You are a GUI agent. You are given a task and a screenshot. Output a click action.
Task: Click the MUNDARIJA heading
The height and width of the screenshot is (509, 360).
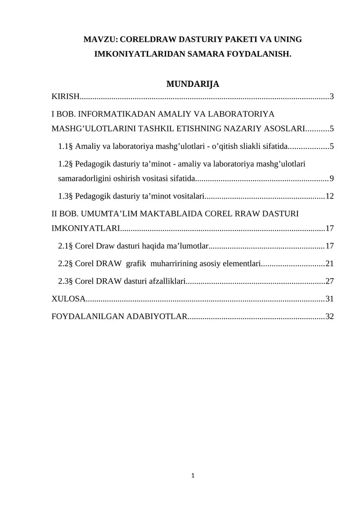point(193,84)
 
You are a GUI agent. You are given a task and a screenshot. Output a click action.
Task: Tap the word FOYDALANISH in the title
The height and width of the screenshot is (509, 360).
point(258,54)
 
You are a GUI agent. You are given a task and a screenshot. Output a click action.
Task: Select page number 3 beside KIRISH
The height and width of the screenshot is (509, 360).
point(332,96)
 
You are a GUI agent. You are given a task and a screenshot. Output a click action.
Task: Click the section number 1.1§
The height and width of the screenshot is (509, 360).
point(66,146)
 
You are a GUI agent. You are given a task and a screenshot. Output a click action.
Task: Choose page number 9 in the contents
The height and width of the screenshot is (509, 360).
point(332,179)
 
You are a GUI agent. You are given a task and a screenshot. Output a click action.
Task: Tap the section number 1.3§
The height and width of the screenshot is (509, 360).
point(66,196)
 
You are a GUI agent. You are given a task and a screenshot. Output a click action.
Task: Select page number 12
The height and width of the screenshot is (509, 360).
point(329,196)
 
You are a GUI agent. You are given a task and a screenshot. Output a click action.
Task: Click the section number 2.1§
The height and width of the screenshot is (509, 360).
point(66,246)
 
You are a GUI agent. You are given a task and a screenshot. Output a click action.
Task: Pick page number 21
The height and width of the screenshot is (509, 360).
point(329,263)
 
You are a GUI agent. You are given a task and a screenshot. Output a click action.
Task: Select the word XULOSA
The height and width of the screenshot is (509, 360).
point(68,299)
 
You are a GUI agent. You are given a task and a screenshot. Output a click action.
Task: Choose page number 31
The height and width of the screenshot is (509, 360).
point(329,299)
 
